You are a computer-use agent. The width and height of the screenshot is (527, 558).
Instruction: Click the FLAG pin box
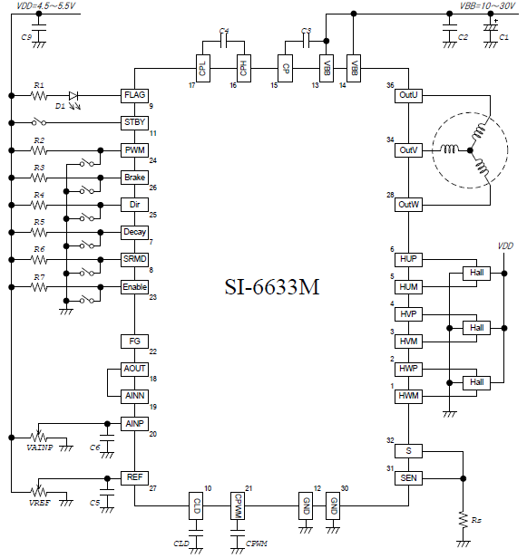pos(134,95)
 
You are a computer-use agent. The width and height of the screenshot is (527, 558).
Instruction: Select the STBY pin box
pos(134,123)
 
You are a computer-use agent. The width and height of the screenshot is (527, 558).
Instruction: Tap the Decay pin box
pos(134,233)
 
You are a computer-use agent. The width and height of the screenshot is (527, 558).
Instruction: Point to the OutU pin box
pos(408,95)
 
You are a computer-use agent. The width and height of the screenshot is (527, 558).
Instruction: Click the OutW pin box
pos(408,205)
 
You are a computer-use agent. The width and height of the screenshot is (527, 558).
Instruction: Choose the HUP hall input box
pos(408,259)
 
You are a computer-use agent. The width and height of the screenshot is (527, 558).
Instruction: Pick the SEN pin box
pos(408,478)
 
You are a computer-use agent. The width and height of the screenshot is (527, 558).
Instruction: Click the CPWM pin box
pos(238,505)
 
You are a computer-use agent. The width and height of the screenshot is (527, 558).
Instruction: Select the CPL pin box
pos(203,68)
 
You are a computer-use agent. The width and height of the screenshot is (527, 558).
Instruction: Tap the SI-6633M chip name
pos(272,287)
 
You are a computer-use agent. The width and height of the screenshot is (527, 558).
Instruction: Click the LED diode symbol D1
pos(73,96)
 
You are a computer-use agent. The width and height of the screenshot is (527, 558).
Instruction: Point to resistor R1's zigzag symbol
pos(39,96)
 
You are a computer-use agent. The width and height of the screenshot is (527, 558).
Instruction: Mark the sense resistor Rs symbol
pos(464,520)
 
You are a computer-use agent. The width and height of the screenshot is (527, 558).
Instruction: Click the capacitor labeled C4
pos(223,42)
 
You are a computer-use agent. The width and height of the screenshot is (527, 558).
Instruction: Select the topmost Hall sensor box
pos(476,273)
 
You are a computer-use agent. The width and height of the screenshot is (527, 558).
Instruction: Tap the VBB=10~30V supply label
pos(487,5)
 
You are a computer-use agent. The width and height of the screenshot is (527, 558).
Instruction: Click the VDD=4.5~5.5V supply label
pos(46,5)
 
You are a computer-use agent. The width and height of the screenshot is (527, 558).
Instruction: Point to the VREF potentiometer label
pos(40,503)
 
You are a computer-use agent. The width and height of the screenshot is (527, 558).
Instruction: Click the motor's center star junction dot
pos(470,150)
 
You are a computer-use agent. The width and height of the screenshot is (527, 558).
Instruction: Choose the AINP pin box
pos(134,424)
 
